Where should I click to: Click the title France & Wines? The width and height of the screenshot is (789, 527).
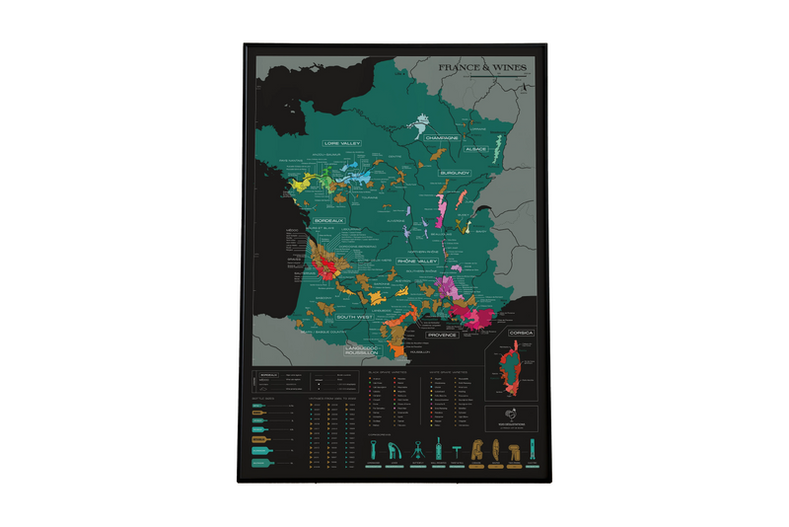483,68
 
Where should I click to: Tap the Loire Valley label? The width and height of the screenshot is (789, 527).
343,143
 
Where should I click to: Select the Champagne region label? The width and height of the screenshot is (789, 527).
443,138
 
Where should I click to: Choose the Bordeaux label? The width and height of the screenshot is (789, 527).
328,220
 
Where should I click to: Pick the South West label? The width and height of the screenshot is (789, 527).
352,317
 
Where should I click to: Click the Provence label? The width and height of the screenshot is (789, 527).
445,335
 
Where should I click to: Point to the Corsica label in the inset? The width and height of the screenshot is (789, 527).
520,333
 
